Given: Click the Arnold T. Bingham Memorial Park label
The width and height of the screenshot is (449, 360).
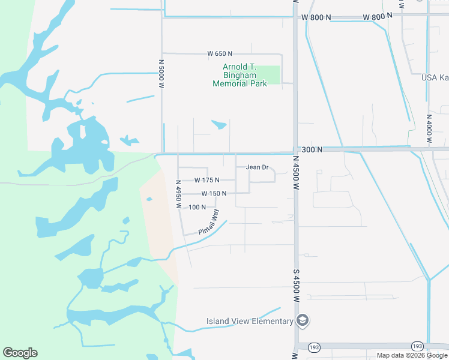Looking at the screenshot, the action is tap(240, 76).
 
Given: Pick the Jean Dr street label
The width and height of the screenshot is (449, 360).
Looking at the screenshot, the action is tap(257, 167).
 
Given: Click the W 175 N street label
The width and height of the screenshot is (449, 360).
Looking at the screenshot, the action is tap(206, 180).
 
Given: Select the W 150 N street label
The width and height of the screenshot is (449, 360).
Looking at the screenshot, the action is tap(214, 194).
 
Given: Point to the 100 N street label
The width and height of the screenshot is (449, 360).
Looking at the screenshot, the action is tap(197, 207).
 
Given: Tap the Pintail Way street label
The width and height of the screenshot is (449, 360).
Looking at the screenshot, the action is tap(209, 222).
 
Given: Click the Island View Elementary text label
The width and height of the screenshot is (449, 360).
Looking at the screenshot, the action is tap(250, 321).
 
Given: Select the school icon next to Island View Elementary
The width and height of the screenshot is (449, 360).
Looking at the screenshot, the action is tap(303, 321).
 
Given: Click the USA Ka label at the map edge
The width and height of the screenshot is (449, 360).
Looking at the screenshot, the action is tap(435, 77).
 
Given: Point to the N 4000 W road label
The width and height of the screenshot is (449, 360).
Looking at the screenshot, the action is tap(429, 128).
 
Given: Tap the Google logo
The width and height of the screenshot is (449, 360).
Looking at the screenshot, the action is tap(20, 353).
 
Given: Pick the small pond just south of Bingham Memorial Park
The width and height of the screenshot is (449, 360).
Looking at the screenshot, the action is tap(219, 125).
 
